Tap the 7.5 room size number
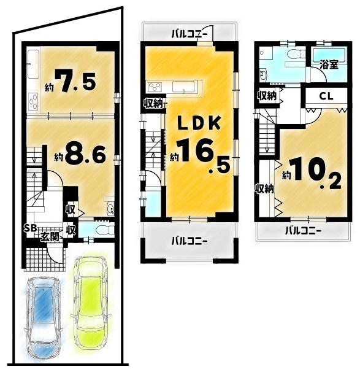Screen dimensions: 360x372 click(75, 80)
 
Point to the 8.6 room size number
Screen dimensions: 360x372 click(85, 154)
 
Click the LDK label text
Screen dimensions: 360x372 click(199, 123)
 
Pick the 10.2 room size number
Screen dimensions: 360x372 click(315, 175)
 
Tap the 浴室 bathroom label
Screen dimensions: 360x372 click(329, 64)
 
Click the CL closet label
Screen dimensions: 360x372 click(326, 96)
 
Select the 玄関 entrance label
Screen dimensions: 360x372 click(50, 236)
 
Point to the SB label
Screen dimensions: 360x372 click(31, 228)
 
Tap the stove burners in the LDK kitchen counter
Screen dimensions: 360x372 click(155, 87)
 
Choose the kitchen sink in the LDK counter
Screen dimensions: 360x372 click(184, 87)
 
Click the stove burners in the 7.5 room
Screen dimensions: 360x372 click(33, 101)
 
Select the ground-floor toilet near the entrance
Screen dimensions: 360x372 click(105, 230)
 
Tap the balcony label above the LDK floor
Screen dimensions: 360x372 click(190, 34)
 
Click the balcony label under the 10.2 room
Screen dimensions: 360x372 click(303, 231)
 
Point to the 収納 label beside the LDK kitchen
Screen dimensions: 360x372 click(153, 104)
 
